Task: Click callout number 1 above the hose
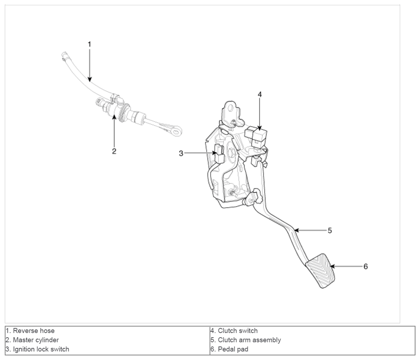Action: [89, 44]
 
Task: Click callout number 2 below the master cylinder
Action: [114, 151]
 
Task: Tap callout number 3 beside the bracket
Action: [181, 153]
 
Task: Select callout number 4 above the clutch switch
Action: [260, 94]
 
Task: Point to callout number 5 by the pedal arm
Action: [330, 230]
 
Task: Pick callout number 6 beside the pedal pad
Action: [366, 266]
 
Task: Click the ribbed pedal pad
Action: [320, 271]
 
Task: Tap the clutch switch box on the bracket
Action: [256, 135]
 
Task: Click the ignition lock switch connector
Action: [219, 153]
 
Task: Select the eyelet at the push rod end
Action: [177, 131]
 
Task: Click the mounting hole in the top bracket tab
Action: [230, 108]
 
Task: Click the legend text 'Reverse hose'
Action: [34, 331]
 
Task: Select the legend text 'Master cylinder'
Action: [36, 340]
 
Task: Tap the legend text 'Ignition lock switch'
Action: [41, 349]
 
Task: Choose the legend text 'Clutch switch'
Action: [238, 331]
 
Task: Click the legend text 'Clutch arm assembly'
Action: [250, 340]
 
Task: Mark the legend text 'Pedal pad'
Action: [233, 349]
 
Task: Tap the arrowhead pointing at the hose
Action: [89, 79]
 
